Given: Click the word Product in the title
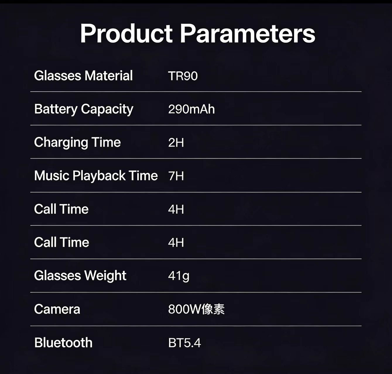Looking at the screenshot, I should pos(126,34).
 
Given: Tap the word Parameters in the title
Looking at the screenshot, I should pos(247,34).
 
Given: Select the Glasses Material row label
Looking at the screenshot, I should pos(83,76).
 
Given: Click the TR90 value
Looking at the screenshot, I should pos(183,76).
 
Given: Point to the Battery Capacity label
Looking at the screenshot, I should pos(84,109).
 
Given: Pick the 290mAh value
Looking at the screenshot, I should pos(191,109).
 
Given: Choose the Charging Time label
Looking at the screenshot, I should pos(77,143).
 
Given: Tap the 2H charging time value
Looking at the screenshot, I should pos(176,143).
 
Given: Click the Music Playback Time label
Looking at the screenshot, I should pos(96,176).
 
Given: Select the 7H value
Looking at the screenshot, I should pos(176,176).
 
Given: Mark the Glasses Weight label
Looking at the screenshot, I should pos(80,276).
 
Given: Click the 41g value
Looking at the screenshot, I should pos(179,276).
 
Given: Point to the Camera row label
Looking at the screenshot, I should pos(57,309).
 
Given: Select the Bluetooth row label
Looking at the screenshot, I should pos(63,343).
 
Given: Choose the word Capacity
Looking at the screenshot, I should pos(107,109).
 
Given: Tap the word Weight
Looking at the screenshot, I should pos(105,276).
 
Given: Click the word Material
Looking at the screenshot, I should pos(109,76).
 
